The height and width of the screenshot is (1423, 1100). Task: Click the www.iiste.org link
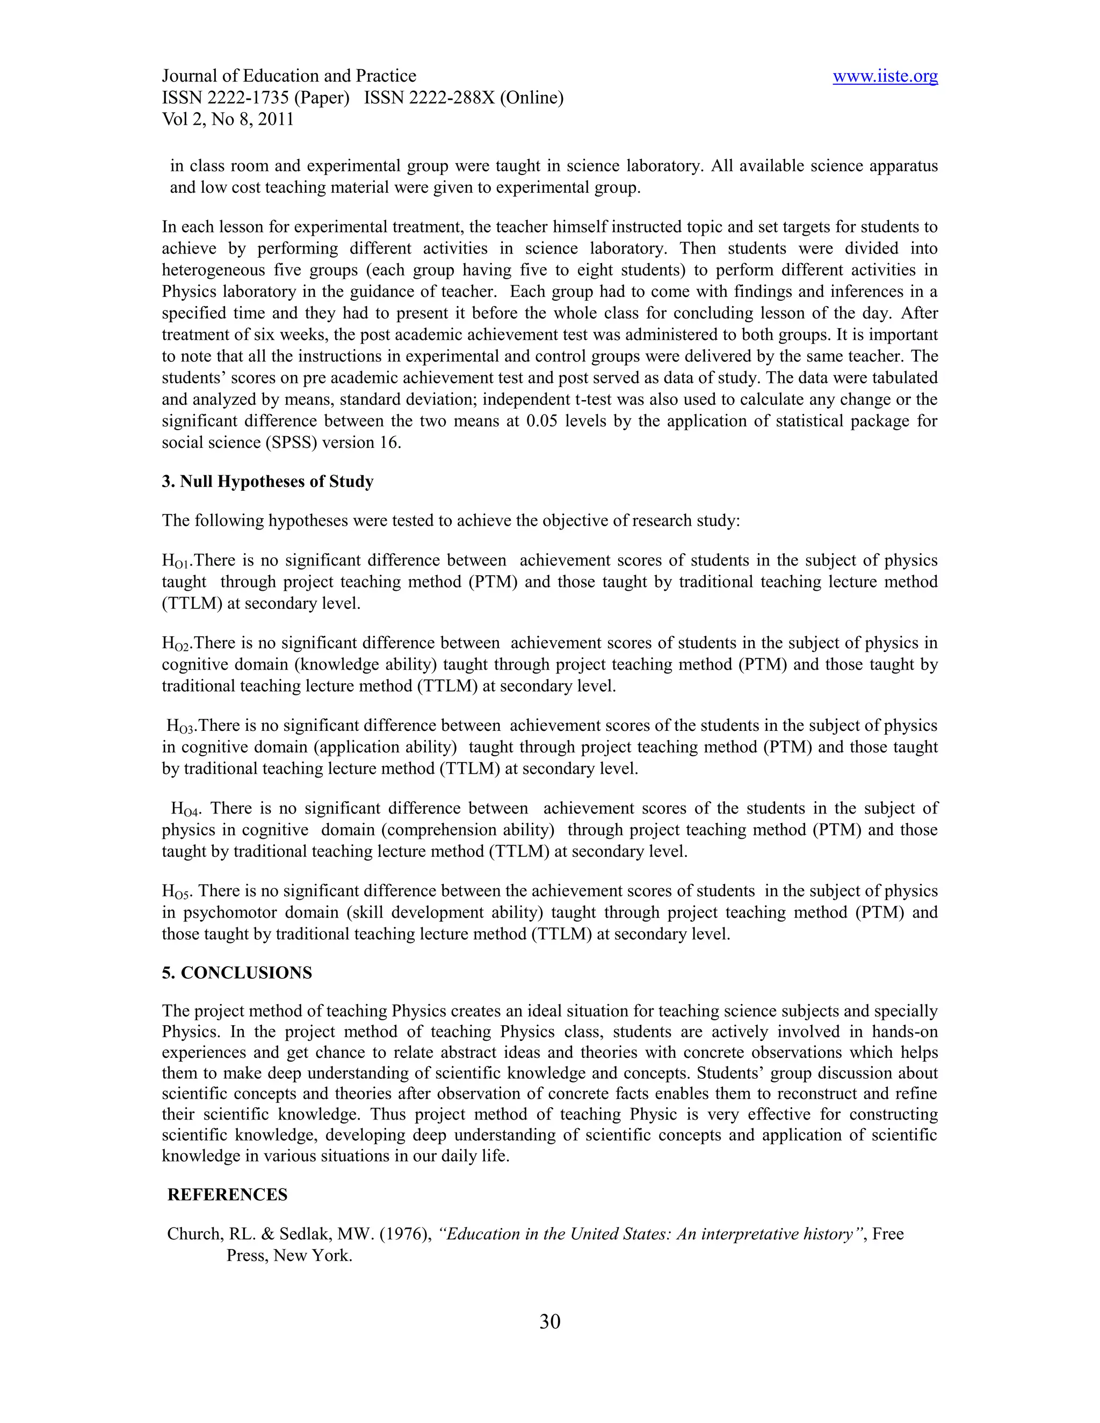885,77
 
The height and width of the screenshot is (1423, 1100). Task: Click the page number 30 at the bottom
549,1322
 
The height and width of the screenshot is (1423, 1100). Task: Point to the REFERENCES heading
227,1194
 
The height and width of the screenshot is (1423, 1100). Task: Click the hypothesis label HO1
175,562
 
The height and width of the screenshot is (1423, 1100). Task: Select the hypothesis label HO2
175,644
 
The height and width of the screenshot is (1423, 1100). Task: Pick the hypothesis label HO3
180,727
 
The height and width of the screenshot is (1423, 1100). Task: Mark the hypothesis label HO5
176,892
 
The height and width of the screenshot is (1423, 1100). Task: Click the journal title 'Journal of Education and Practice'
288,76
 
